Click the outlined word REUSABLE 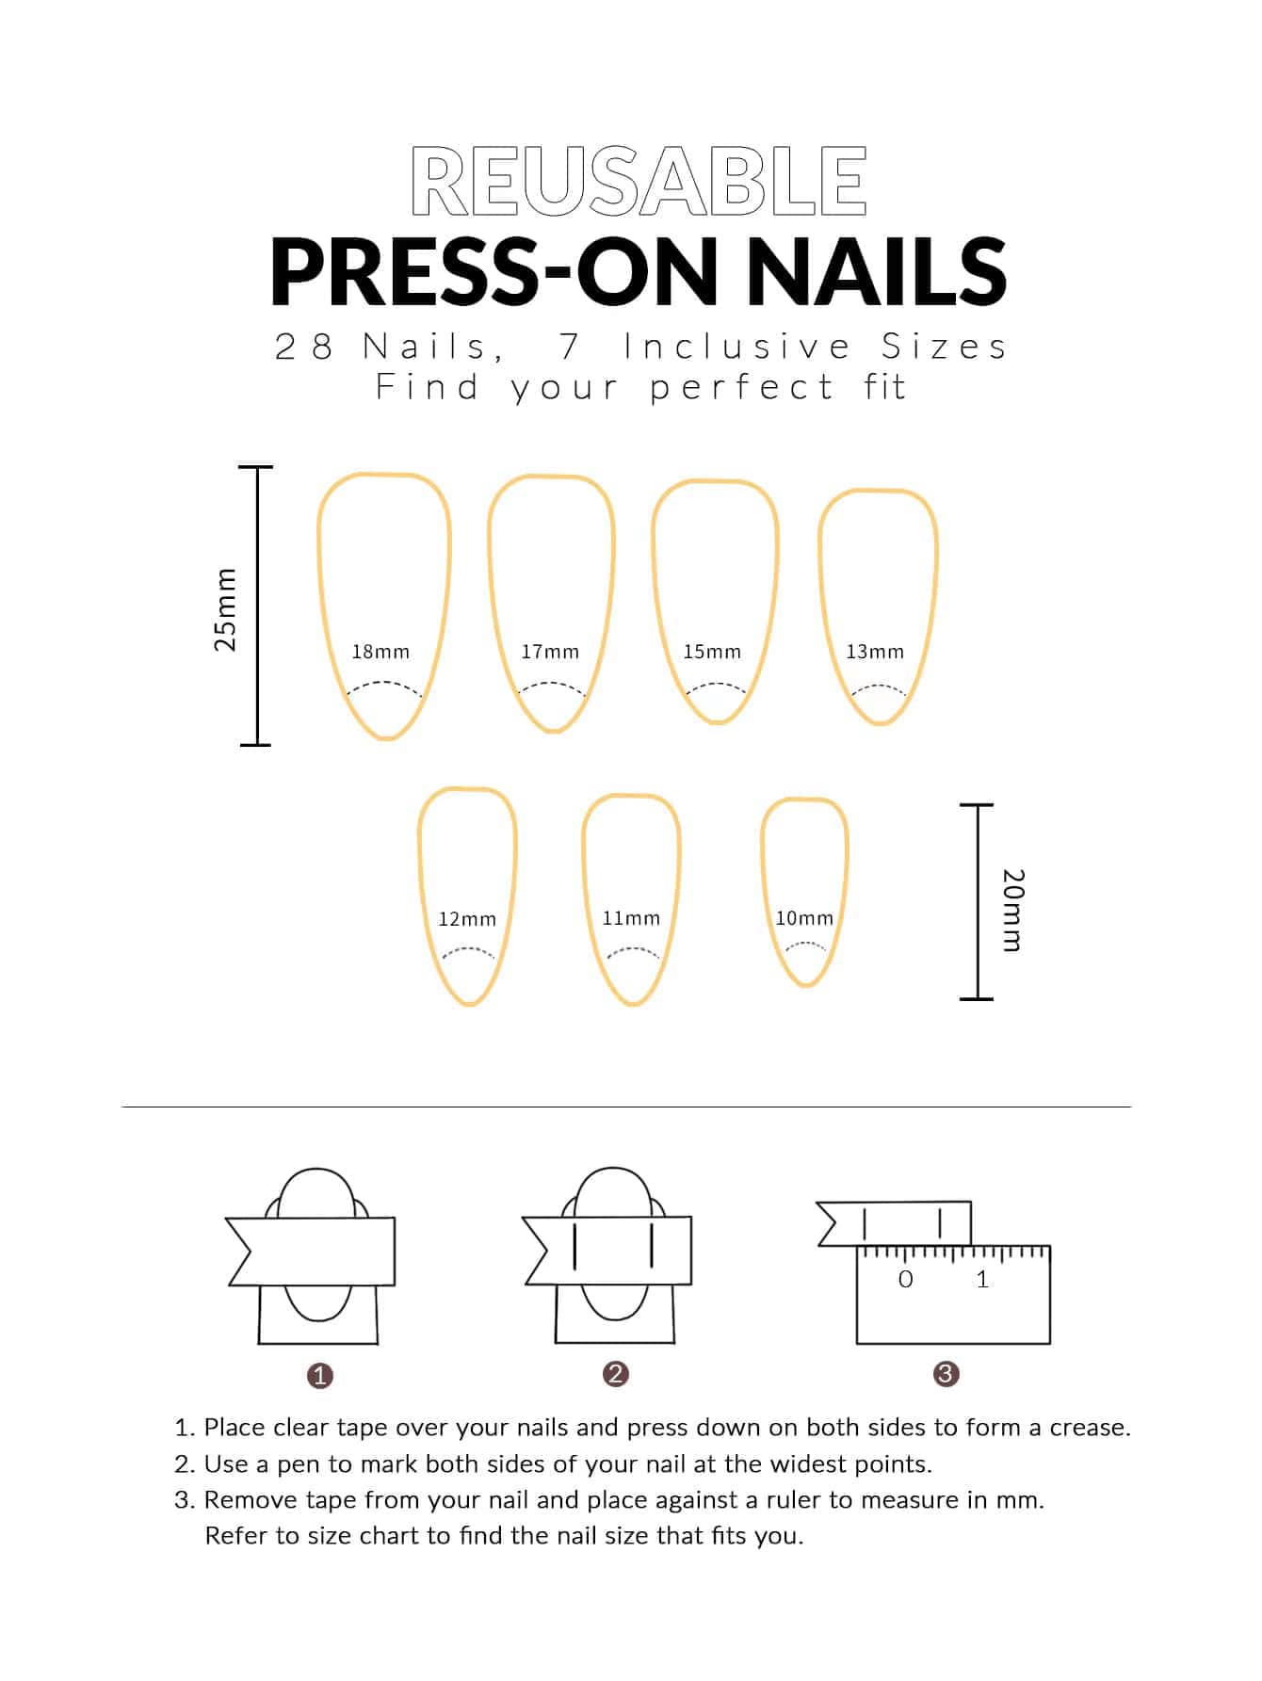(x=639, y=181)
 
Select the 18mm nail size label (x=380, y=651)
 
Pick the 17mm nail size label (x=550, y=651)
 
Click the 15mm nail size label (x=712, y=651)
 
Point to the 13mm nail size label (x=875, y=651)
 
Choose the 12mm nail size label (x=467, y=918)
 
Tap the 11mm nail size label (x=631, y=917)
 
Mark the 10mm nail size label (x=804, y=917)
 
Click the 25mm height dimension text (x=225, y=609)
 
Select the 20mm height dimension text (x=1013, y=910)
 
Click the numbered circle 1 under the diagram (x=320, y=1376)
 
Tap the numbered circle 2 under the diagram (x=616, y=1374)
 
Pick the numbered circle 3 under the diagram (x=946, y=1374)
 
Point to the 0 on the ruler (x=906, y=1279)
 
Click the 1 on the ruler (x=982, y=1279)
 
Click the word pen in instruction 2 (x=301, y=1465)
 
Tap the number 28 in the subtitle (x=304, y=347)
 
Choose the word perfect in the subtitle (x=742, y=388)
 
